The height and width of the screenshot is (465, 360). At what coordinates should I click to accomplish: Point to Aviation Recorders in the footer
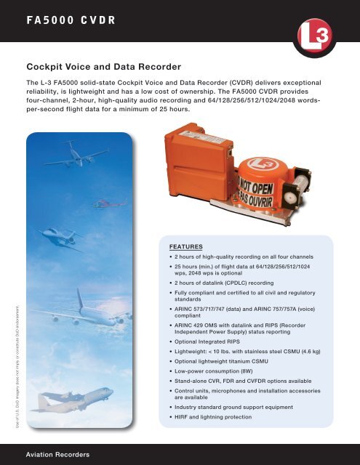coord(57,454)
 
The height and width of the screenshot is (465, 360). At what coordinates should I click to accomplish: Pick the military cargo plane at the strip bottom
coord(77,403)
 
